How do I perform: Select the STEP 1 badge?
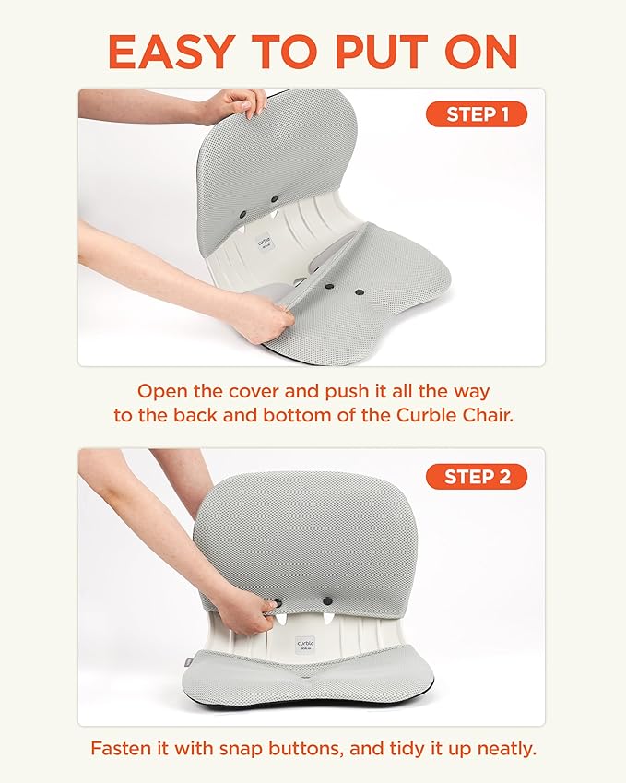tap(476, 114)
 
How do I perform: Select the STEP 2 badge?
tap(476, 476)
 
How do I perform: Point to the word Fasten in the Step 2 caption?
tap(121, 748)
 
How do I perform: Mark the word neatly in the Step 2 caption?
tap(504, 748)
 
